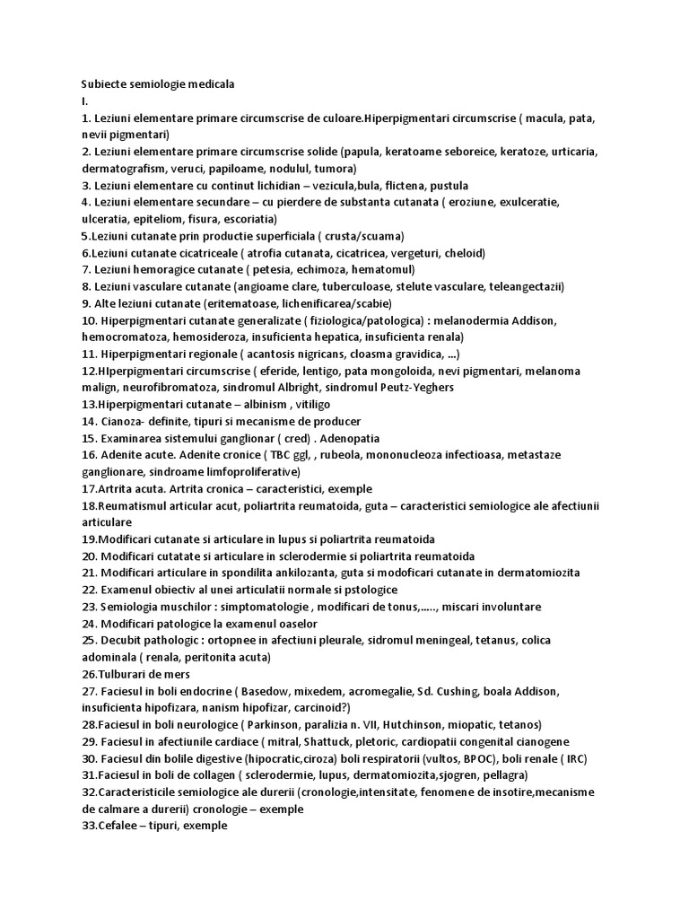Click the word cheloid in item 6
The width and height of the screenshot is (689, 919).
(x=462, y=253)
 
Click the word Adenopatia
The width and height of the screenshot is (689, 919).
(x=344, y=438)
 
